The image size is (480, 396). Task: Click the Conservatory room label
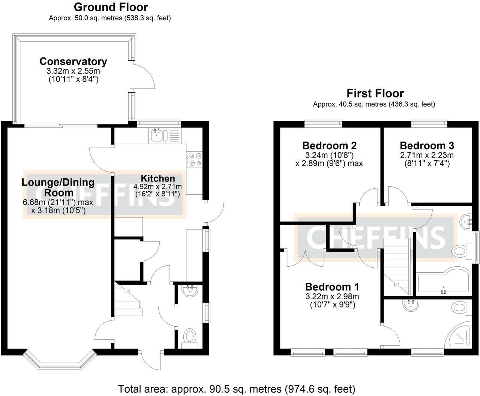73,61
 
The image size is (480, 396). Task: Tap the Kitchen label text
158,178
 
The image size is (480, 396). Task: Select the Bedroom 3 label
427,145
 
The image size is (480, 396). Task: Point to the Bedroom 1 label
332,287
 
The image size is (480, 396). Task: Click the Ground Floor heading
111,7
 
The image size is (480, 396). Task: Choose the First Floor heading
375,93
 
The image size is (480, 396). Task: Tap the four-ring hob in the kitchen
195,160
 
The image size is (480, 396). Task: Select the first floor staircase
397,267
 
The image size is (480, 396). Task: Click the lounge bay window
60,361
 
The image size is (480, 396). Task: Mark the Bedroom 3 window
429,124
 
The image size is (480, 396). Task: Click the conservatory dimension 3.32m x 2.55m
73,71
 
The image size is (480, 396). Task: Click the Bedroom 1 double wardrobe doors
305,258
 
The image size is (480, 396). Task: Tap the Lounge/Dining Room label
58,187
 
